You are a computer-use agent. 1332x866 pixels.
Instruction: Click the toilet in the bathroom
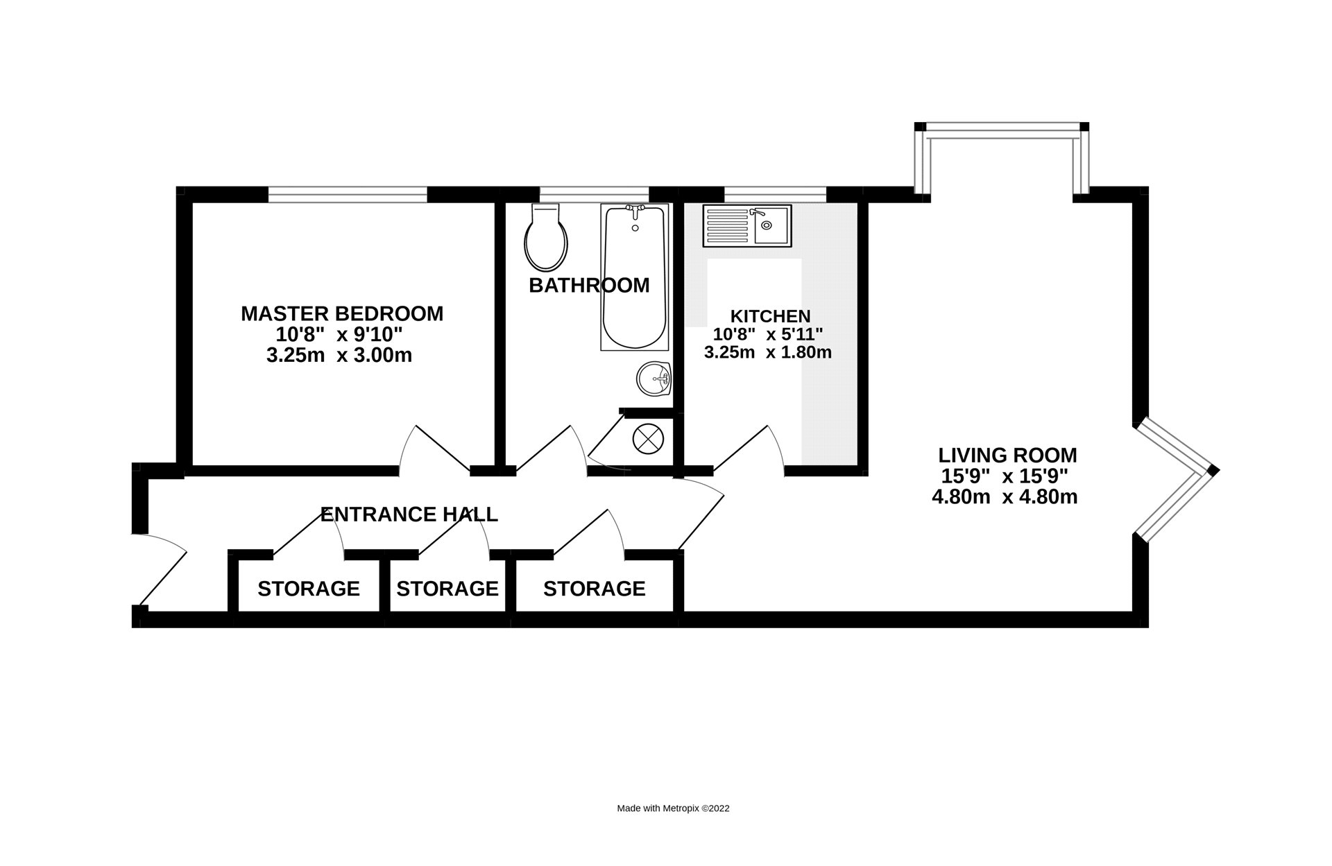pos(546,239)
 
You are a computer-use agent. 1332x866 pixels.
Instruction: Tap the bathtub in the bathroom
pos(634,277)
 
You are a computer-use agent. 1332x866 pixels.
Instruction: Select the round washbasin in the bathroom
pos(654,379)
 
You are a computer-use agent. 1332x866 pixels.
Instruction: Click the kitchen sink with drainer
pos(746,225)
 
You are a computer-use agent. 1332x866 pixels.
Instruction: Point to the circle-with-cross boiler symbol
pos(648,438)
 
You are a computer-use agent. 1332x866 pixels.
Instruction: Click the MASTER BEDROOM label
pos(342,313)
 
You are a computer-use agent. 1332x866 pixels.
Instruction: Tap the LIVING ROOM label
pos(1007,456)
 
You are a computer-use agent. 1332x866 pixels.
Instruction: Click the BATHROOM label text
pos(589,285)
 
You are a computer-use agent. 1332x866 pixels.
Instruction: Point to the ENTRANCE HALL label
pos(409,514)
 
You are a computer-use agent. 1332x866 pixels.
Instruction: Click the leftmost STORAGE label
pos(309,589)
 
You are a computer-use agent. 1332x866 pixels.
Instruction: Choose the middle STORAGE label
pos(447,589)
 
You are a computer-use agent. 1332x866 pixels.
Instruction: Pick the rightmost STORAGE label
pos(595,589)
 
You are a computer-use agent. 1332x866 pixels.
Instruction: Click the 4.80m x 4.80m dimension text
pos(1005,497)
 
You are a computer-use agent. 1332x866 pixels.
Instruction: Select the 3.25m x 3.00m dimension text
pos(339,356)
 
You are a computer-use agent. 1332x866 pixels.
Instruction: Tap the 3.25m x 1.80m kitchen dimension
pos(768,352)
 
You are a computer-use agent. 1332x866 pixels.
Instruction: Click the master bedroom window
pos(348,194)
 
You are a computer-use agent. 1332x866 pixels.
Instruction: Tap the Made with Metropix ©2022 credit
pos(673,808)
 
